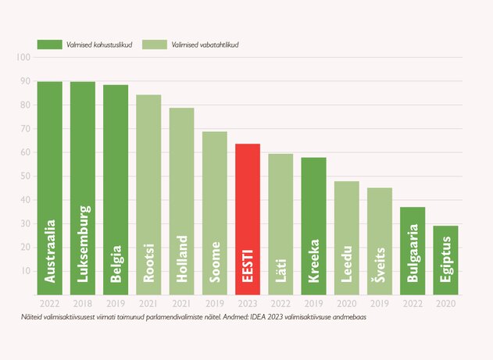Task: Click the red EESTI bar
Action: tap(248, 219)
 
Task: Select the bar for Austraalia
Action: tap(50, 187)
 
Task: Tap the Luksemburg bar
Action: tap(83, 187)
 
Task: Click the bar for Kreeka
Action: tap(313, 226)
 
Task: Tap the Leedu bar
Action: tap(347, 237)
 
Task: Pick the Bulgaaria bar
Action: tap(413, 250)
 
